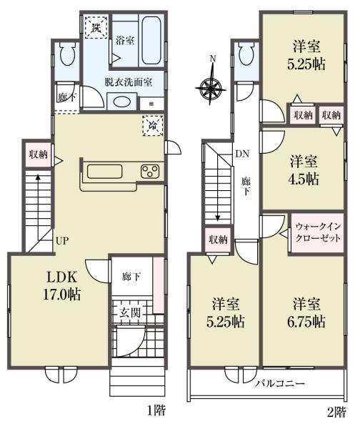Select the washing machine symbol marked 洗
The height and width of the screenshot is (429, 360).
point(96,27)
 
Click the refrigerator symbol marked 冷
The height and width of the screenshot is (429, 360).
point(153,126)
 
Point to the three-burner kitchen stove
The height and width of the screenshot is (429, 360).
point(150,171)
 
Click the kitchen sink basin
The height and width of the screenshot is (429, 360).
point(104,172)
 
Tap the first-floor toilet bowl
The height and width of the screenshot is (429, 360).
point(67,55)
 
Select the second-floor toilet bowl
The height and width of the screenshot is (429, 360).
point(246,54)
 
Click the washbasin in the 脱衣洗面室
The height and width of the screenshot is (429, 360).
point(122,102)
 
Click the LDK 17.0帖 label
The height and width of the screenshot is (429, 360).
point(62,286)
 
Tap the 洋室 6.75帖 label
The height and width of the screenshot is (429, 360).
point(306,312)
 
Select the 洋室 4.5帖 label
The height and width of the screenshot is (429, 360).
point(304,170)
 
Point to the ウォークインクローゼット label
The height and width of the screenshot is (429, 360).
point(318,232)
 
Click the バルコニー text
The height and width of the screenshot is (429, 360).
point(280,383)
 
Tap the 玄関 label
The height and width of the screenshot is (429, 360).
point(130,312)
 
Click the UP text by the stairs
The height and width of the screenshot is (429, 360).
point(62,241)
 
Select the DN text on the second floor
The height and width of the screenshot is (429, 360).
point(242,154)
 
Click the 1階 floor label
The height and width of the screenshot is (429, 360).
point(156,410)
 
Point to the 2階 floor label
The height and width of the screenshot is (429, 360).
point(336,412)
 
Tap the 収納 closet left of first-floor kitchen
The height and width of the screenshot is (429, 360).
point(39,154)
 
